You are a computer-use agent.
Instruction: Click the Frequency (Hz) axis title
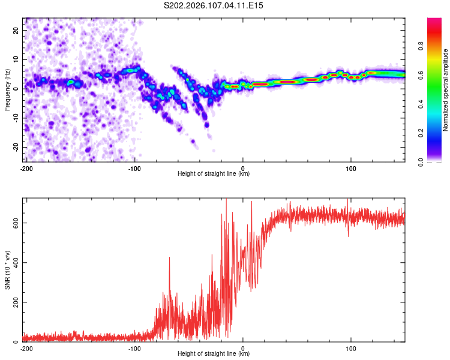7,89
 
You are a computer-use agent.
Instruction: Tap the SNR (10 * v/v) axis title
7,269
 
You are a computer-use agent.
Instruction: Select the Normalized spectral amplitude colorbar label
446,90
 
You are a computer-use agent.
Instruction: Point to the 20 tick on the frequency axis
16,30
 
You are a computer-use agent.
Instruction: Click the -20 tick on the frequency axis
15,147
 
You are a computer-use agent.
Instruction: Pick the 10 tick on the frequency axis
16,59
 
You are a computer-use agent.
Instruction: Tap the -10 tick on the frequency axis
15,118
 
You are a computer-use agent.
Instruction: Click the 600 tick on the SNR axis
14,223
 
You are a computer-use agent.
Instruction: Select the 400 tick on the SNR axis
14,262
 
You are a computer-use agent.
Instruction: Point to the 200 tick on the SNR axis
14,302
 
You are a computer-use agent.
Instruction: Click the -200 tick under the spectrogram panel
26,168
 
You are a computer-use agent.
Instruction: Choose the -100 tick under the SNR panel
134,348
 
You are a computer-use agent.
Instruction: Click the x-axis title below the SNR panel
214,354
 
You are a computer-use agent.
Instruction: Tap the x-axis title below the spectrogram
214,174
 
